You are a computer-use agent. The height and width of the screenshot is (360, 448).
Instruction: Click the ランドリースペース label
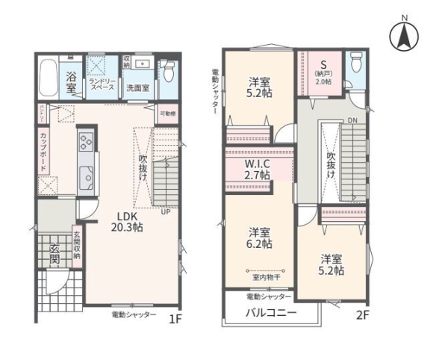pos(102,84)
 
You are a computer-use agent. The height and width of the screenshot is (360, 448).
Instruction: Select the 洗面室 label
pos(137,88)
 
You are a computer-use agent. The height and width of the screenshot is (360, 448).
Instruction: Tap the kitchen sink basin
pos(87,179)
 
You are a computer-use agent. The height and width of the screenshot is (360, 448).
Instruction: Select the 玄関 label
pos(54,254)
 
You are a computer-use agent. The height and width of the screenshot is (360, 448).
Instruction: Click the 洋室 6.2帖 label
pos(260,238)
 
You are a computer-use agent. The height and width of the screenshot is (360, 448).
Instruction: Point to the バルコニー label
pos(272,313)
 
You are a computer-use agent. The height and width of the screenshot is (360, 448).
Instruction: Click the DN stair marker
pos(352,121)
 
